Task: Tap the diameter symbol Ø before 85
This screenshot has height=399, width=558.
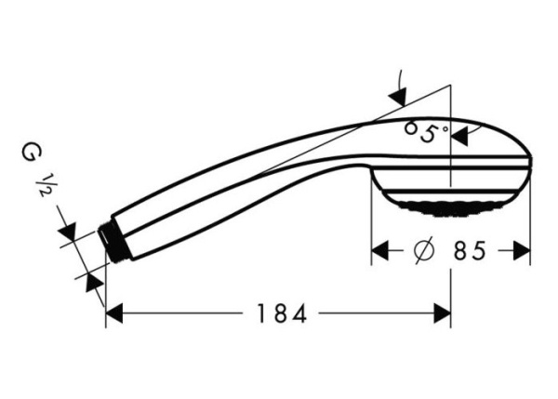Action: (x=421, y=251)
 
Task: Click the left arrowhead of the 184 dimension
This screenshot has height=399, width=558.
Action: (x=113, y=314)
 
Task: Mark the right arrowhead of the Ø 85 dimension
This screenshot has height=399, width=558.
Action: (x=521, y=251)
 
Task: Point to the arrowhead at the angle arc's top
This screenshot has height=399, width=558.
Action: (x=399, y=95)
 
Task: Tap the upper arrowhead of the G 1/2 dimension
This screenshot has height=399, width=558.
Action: (x=68, y=231)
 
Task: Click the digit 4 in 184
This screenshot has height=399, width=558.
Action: (x=299, y=314)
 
